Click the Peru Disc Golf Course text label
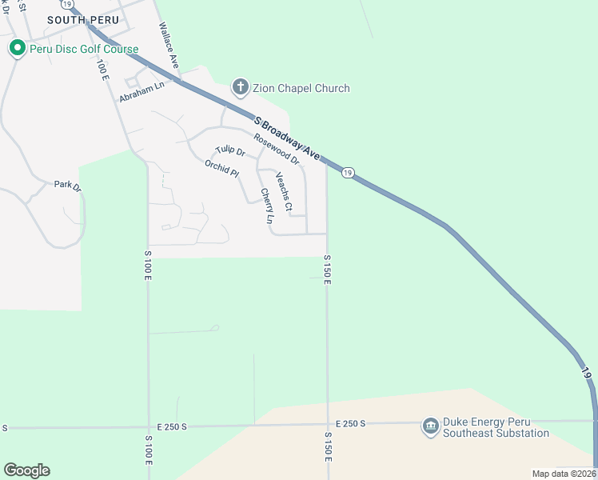point(83,49)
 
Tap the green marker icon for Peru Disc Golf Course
point(17,49)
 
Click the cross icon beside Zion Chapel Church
point(239,87)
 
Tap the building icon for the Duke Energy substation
point(431,425)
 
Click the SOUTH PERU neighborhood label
point(83,19)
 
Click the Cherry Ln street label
point(267,206)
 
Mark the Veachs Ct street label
point(284,192)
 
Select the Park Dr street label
point(67,185)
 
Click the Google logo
point(26,470)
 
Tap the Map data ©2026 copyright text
point(564,474)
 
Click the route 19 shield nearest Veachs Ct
point(347,172)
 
